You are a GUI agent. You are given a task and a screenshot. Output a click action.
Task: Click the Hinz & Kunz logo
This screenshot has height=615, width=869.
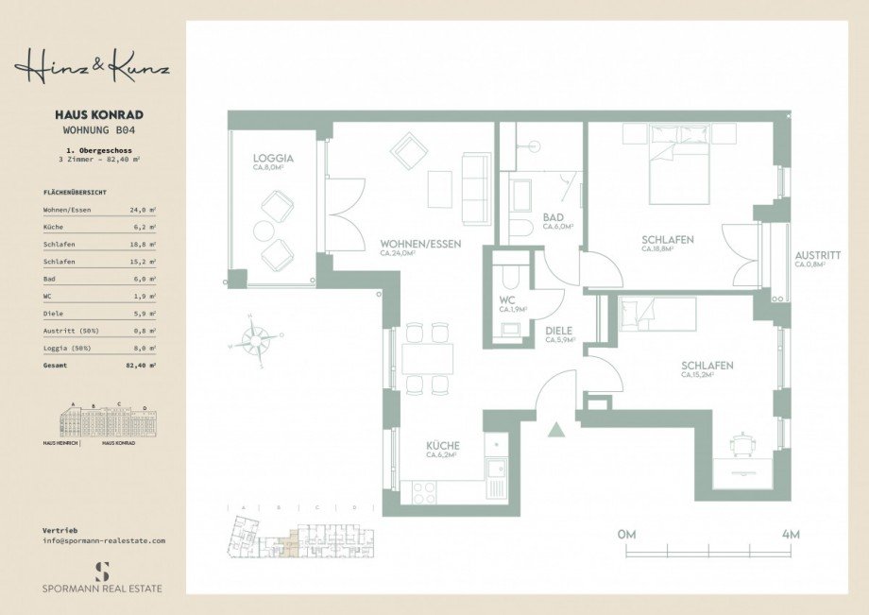(92, 67)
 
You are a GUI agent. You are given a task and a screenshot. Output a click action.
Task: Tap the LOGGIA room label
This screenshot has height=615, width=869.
(273, 159)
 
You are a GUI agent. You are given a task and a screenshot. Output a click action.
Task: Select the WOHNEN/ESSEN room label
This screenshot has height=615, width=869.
(420, 244)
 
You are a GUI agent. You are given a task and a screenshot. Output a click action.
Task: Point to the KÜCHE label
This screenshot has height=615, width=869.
(442, 445)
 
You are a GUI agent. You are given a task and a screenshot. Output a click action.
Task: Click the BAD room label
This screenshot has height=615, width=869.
(553, 217)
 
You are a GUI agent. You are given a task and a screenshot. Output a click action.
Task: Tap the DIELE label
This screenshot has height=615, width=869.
(559, 331)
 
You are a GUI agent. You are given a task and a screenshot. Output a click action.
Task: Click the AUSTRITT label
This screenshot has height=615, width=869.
(817, 255)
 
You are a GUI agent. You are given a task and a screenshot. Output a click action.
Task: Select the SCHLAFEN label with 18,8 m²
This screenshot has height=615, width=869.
(667, 240)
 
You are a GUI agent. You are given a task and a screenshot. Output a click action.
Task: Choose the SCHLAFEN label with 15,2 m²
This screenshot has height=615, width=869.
(707, 366)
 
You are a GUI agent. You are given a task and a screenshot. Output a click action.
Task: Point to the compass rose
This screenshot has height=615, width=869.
(257, 338)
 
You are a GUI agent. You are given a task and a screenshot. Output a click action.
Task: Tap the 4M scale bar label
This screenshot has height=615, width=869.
(791, 535)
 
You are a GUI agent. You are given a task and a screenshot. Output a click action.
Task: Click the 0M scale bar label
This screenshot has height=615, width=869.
(626, 535)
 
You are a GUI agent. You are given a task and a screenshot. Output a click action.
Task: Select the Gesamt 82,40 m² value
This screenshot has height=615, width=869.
(143, 364)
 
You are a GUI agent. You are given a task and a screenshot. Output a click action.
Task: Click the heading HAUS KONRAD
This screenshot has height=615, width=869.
(94, 115)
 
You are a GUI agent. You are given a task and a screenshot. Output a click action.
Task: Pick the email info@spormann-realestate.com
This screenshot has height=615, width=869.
(104, 540)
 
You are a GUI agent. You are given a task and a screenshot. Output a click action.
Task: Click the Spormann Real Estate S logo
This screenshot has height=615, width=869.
(103, 571)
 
